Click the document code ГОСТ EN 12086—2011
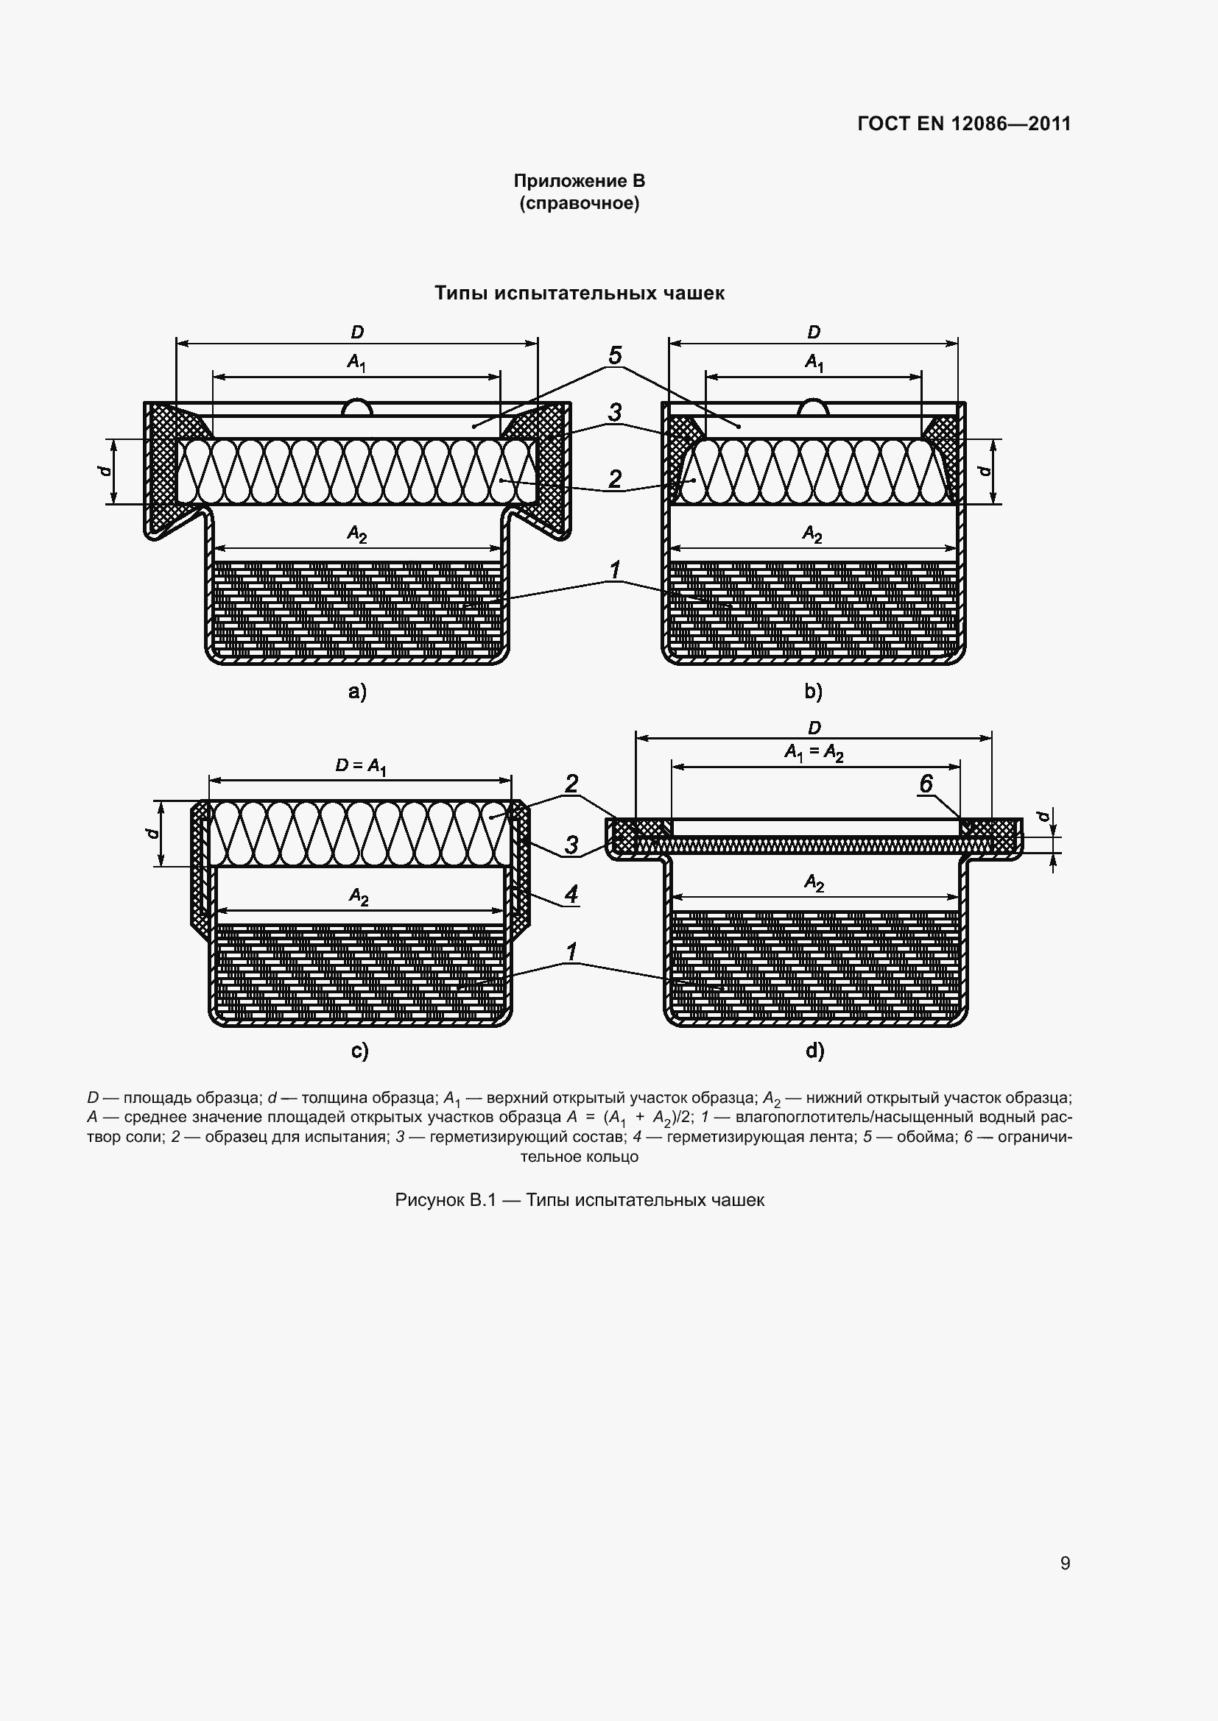click(964, 124)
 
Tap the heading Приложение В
click(579, 181)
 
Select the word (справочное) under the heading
click(579, 203)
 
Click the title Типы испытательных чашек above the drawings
click(579, 293)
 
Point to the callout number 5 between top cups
click(615, 355)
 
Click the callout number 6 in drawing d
click(926, 784)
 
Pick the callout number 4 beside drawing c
click(571, 894)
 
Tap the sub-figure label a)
click(358, 691)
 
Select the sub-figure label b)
click(814, 691)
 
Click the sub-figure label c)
click(360, 1051)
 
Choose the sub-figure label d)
click(815, 1051)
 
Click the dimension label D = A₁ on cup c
click(361, 767)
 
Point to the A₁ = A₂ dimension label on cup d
click(814, 753)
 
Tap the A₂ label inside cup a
click(357, 533)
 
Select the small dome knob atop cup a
click(358, 406)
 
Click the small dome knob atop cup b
click(814, 406)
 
